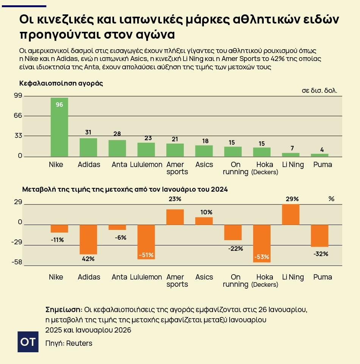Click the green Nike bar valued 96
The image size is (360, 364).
tap(59, 127)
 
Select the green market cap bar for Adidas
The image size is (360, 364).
tap(88, 147)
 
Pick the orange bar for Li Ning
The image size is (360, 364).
tap(291, 214)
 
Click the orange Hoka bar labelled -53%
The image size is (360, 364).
tap(262, 243)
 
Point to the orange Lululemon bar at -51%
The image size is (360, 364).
tap(146, 242)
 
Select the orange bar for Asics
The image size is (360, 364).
tap(204, 221)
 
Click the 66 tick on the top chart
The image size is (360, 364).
tap(18, 116)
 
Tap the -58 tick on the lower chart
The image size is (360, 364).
tap(17, 262)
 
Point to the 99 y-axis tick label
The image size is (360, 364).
tap(18, 96)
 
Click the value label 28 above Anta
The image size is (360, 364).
tap(117, 134)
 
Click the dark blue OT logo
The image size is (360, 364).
tap(28, 342)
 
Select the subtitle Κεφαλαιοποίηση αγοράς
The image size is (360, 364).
tap(61, 83)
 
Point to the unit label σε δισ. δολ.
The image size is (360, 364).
tap(319, 91)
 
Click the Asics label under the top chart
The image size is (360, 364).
tap(204, 165)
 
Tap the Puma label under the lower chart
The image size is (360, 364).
tap(322, 277)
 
